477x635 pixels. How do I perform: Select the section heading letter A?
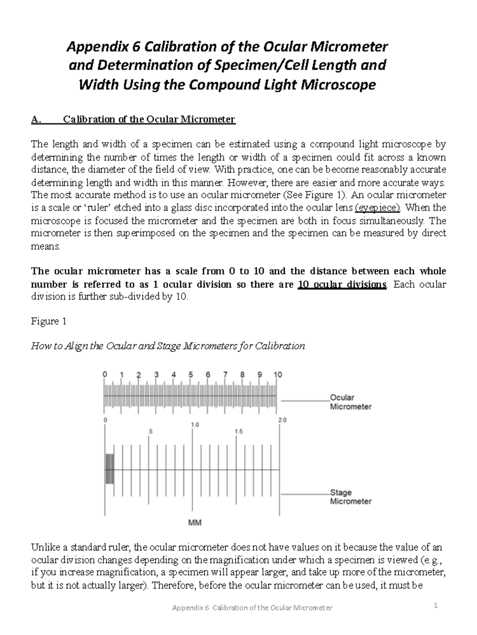pos(36,119)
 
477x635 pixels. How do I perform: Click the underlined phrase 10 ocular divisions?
pos(342,285)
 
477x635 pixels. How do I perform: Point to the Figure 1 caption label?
pos(48,321)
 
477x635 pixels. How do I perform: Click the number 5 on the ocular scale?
pos(191,375)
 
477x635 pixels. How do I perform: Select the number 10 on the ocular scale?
pos(277,375)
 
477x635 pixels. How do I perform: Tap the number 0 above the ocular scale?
pos(105,374)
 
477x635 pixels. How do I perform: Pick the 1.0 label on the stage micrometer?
pos(195,425)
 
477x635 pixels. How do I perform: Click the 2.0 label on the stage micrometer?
pos(282,420)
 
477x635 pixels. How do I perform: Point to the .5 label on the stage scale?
pos(149,431)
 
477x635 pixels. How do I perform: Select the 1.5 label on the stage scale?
pos(238,431)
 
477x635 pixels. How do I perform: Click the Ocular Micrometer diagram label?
pos(350,402)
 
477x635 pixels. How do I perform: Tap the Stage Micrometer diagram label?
pos(350,497)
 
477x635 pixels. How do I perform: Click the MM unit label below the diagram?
pos(195,523)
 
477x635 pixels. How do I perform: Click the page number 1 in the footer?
pos(436,606)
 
